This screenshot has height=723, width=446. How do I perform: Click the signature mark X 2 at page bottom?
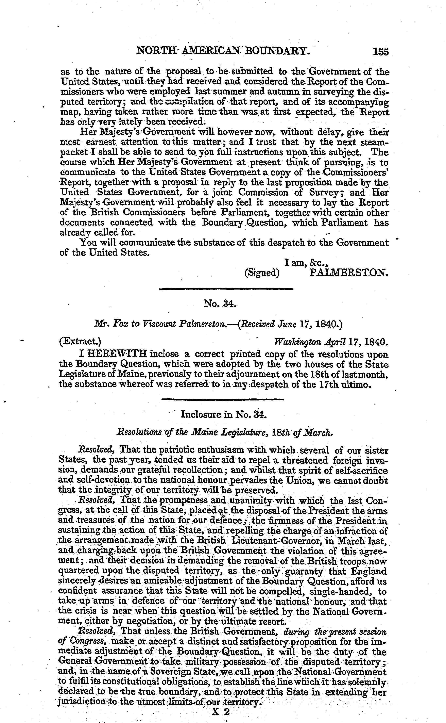pos(221,712)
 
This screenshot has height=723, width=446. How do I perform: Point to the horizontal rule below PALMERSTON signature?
pos(226,289)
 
